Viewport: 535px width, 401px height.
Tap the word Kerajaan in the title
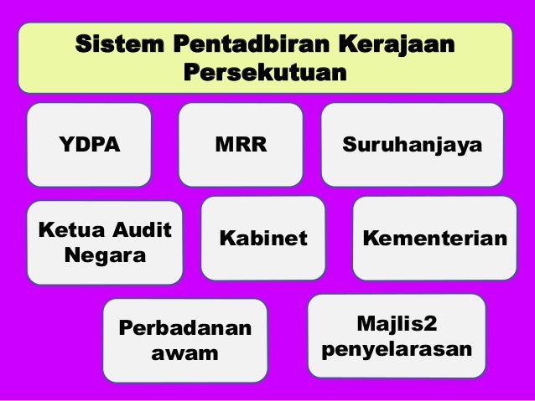[x=393, y=43]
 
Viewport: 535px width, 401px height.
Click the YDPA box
[x=89, y=144]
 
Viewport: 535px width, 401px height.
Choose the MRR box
[x=242, y=144]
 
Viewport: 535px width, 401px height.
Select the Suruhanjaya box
[x=413, y=144]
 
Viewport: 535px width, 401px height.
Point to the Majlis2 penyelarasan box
[x=397, y=335]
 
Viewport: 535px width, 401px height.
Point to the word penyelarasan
[x=397, y=347]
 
